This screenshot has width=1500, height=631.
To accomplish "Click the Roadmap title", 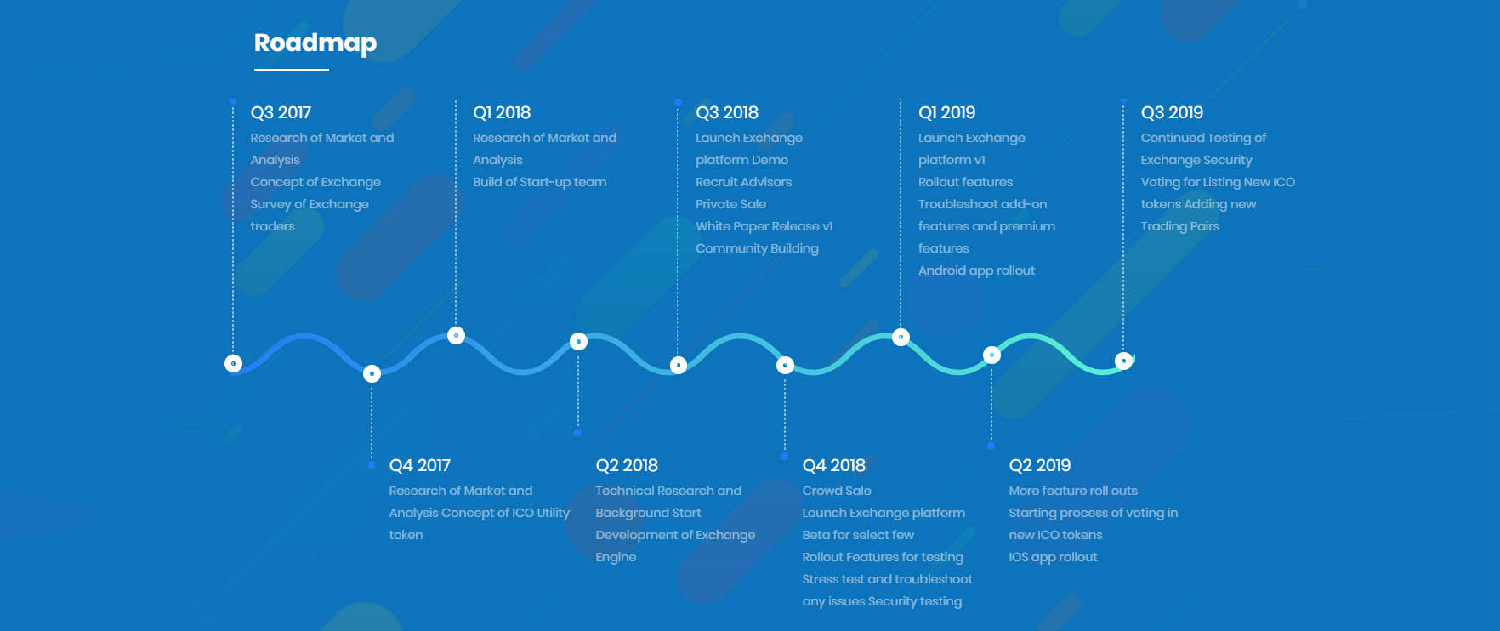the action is click(315, 43).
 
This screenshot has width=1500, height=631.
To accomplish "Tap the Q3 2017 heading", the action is click(281, 112).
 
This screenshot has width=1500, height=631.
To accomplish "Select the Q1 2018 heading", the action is click(502, 112).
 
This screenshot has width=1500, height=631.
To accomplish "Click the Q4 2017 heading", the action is click(419, 465).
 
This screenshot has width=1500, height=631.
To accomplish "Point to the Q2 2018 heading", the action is click(627, 465).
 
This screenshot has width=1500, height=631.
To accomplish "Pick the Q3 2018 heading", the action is click(727, 112).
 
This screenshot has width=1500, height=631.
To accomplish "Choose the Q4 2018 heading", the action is click(833, 465).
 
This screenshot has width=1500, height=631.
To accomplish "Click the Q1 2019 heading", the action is click(946, 112).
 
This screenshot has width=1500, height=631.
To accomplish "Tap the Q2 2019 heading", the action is click(1039, 465).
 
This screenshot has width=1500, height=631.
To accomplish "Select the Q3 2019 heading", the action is click(1172, 112).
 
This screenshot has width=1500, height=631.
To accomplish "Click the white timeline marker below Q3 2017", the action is click(233, 363).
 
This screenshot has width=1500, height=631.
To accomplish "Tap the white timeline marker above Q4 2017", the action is click(372, 373).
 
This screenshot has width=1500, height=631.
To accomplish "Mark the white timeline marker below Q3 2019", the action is click(1123, 361).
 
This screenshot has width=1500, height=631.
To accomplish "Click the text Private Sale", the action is click(730, 204).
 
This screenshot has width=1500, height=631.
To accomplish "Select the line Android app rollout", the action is click(976, 270).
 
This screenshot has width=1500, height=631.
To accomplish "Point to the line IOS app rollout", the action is click(1053, 557).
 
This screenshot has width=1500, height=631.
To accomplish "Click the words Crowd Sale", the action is click(836, 491).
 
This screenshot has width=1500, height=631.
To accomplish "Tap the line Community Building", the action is click(757, 248).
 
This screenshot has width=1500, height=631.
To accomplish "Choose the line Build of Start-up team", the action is click(539, 182).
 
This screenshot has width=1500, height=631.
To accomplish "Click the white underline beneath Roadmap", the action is click(292, 69).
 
